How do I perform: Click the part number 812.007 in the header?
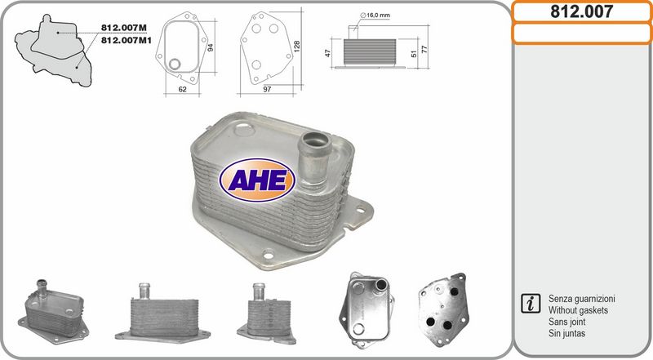(581, 11)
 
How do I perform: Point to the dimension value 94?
(210, 48)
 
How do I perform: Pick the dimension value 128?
(297, 48)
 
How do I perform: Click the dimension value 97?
(267, 89)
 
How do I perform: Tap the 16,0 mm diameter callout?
(377, 16)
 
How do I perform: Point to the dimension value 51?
(413, 55)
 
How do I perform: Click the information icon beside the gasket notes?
(530, 304)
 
